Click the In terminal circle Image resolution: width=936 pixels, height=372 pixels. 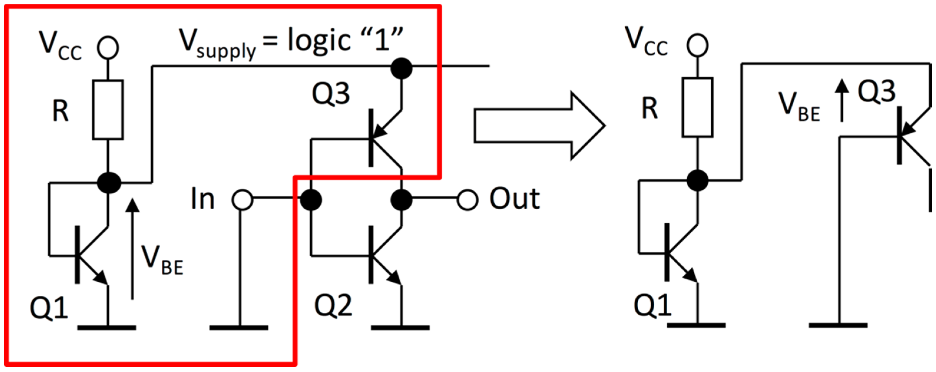(x=242, y=200)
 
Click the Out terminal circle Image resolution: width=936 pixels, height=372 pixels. (x=467, y=200)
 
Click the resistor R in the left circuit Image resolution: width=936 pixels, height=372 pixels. (x=108, y=110)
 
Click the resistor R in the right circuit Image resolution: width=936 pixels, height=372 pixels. (x=697, y=107)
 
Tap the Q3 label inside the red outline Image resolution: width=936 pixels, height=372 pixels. (x=331, y=94)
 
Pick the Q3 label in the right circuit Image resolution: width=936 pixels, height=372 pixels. (x=877, y=92)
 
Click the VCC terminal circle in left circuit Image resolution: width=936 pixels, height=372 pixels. (x=108, y=48)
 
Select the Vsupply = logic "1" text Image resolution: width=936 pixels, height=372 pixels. (x=291, y=42)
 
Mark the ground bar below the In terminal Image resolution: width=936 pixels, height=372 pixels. (x=239, y=327)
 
